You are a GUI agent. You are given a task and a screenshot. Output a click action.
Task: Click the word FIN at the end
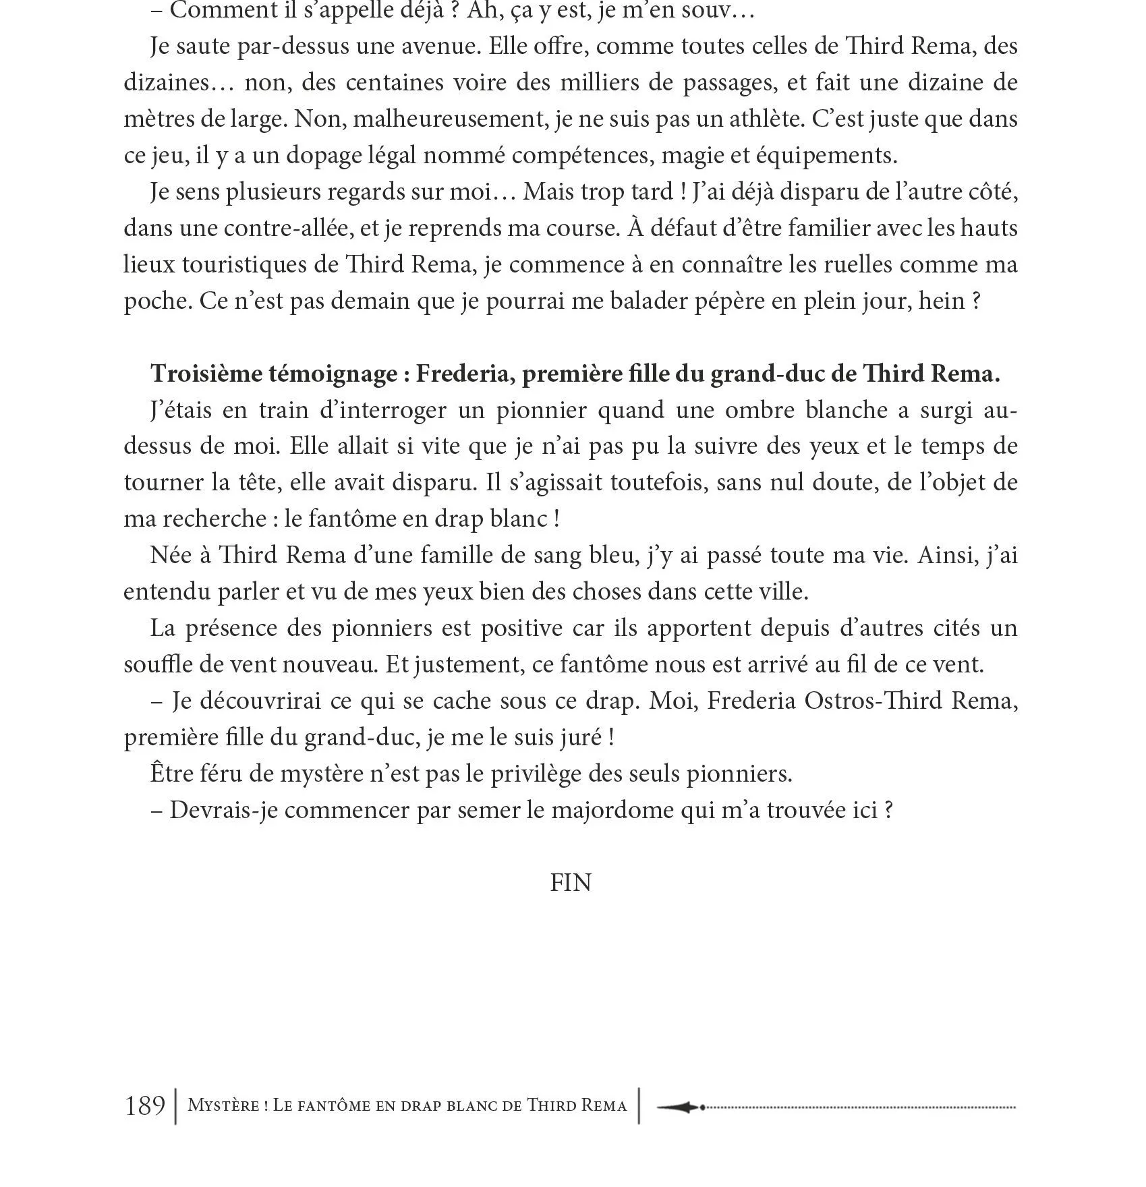570,883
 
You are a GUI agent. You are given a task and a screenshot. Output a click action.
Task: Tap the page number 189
145,1105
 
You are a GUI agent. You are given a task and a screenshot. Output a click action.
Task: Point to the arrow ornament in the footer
681,1107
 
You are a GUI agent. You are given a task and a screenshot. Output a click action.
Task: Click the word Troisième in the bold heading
202,374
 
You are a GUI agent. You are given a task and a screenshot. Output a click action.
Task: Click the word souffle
156,664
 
